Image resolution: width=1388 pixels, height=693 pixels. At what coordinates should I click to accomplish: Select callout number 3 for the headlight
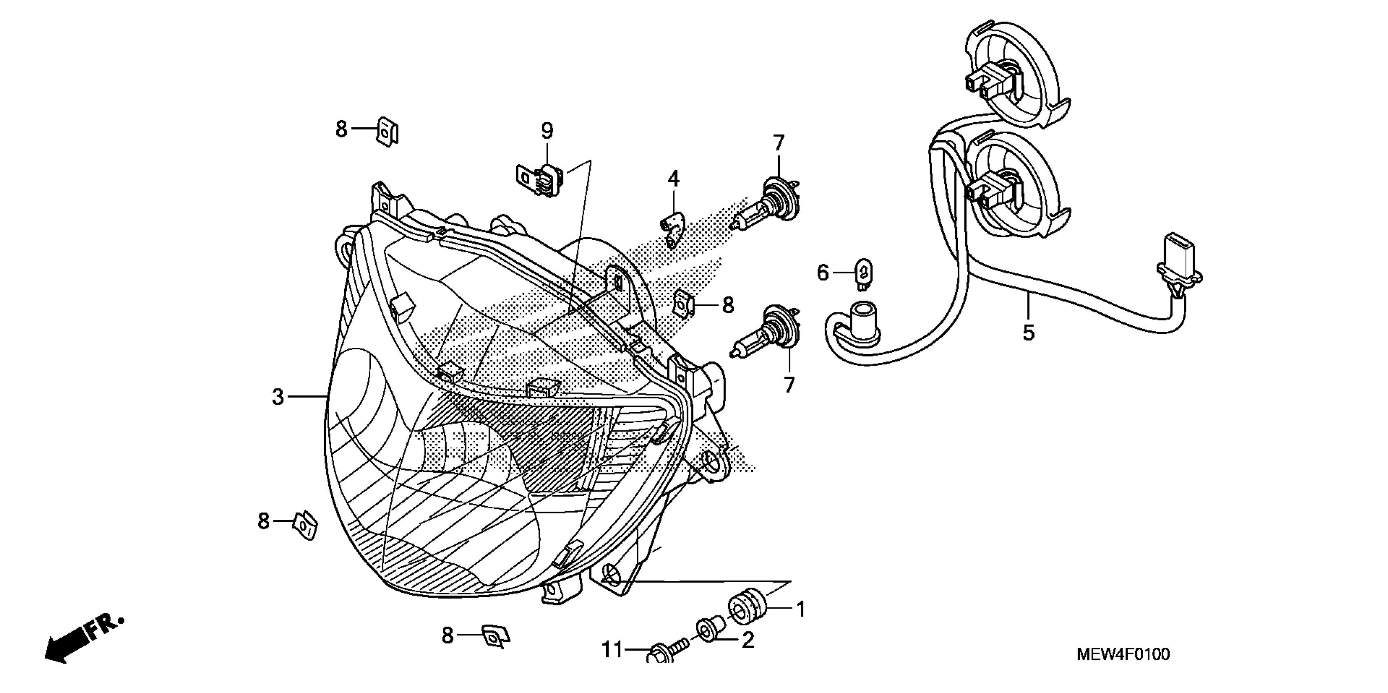pos(277,397)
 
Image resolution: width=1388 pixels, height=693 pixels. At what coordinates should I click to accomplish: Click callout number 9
pos(547,130)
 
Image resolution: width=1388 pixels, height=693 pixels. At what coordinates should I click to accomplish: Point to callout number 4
pos(673,179)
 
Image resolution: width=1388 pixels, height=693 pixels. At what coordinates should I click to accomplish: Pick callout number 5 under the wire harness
pos(1028,333)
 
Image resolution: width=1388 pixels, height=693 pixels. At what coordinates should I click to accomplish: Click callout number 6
pos(822,273)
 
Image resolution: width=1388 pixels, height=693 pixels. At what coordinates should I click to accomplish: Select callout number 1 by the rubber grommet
pos(801,610)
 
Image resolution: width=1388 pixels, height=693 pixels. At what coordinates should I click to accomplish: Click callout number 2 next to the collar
pos(748,640)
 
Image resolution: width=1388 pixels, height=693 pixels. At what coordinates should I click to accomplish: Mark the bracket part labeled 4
pos(673,228)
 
